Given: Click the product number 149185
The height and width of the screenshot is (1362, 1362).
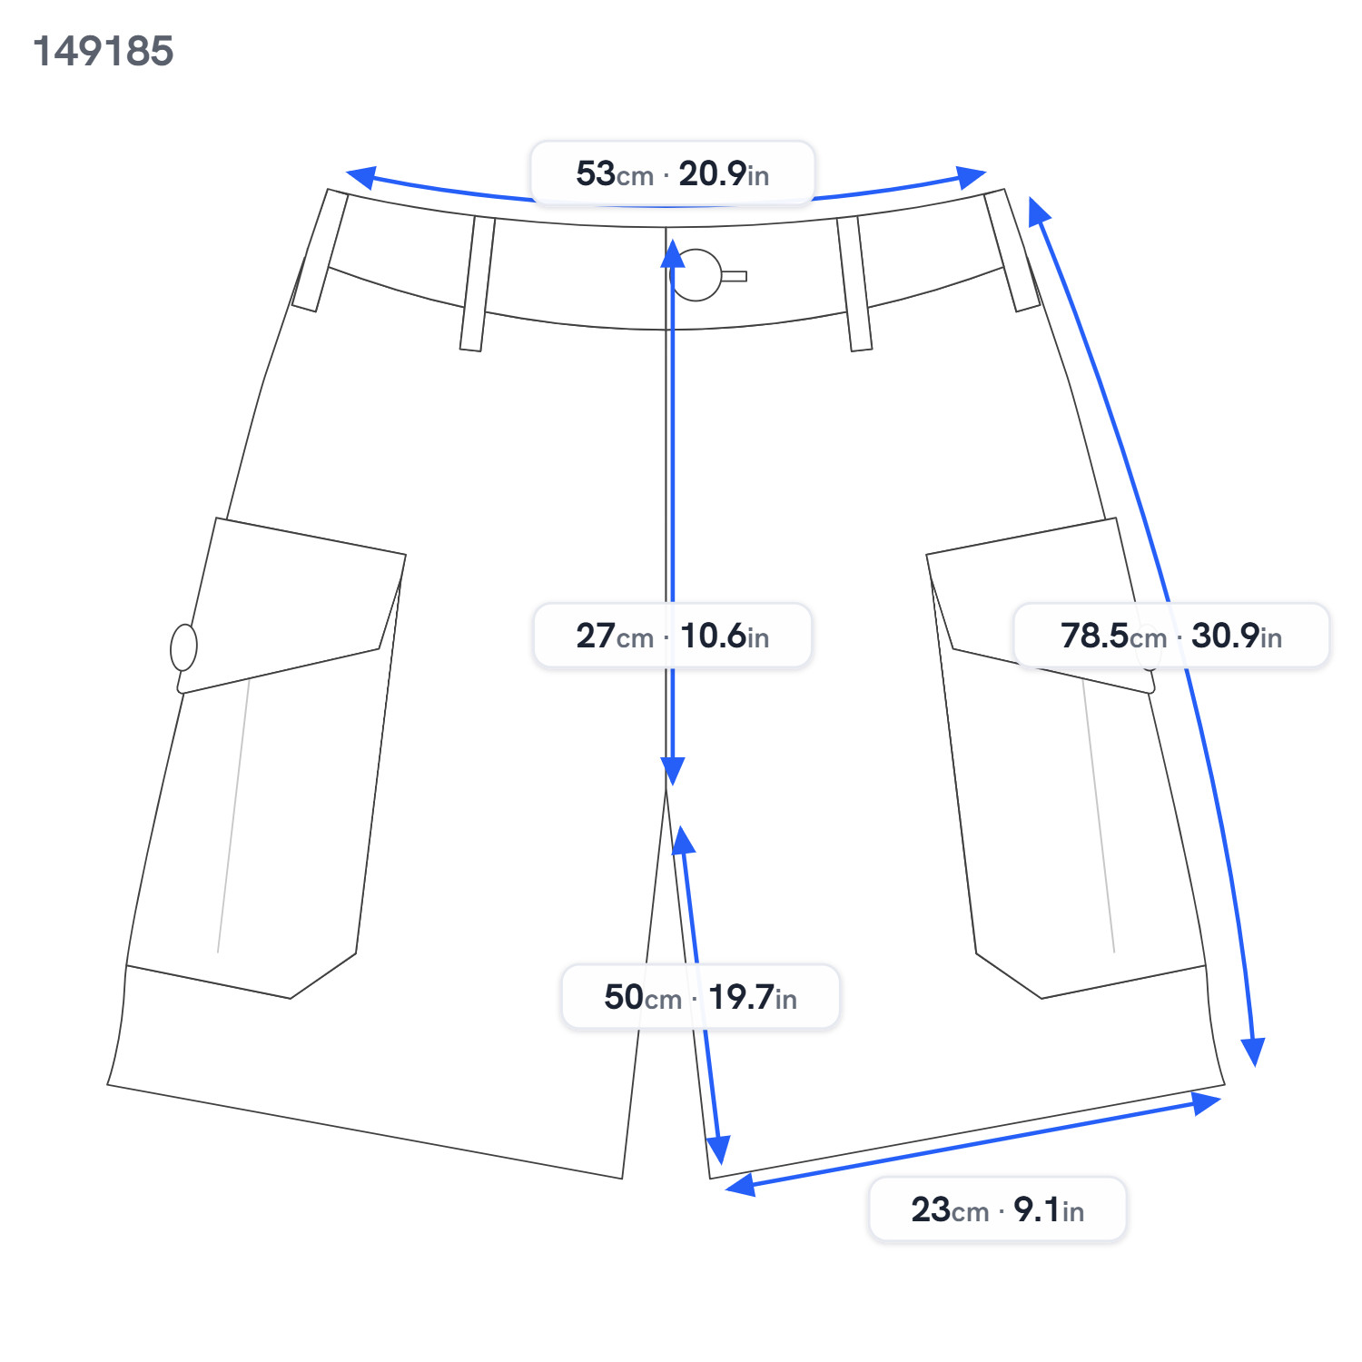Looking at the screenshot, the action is (x=103, y=51).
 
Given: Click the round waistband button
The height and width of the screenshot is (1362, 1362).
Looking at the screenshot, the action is (x=696, y=275).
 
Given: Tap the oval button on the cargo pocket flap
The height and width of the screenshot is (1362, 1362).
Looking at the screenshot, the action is (x=183, y=647).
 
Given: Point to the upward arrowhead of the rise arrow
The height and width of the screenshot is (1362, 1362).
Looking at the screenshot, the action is (x=673, y=254).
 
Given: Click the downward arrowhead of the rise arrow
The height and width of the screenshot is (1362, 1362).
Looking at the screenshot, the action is (x=673, y=771).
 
